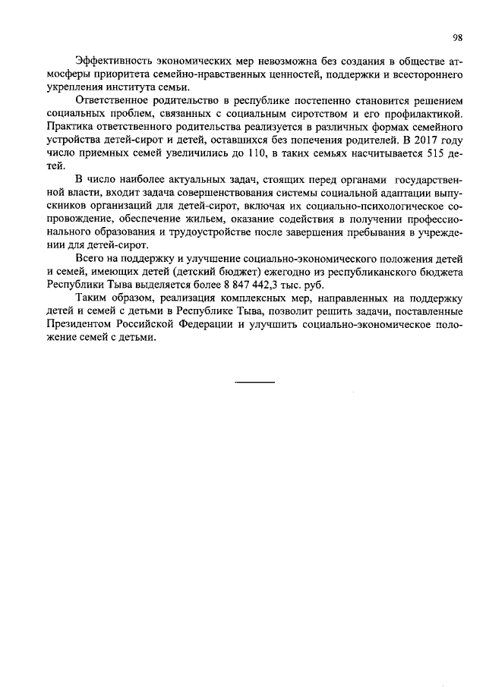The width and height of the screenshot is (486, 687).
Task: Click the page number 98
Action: (x=458, y=36)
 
